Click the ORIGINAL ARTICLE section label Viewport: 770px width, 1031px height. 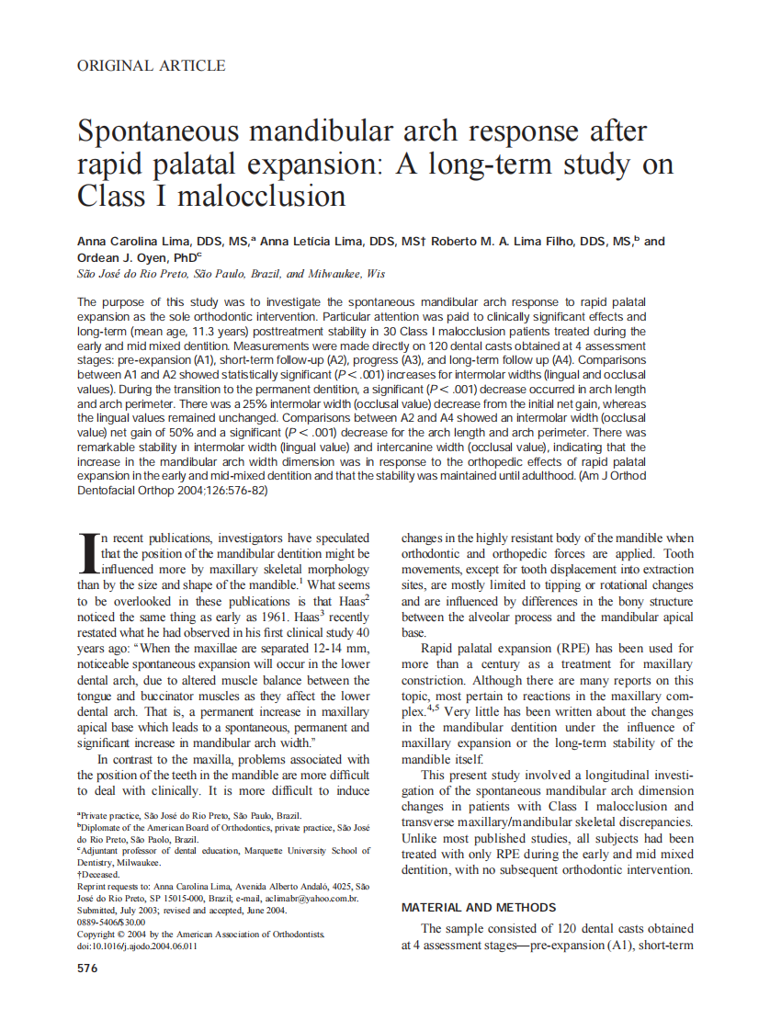[151, 66]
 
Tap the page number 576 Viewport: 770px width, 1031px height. [87, 968]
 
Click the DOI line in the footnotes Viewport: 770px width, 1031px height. [137, 945]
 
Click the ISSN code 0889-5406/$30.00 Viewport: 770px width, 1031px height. [111, 922]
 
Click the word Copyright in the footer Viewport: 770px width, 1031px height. [99, 934]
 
